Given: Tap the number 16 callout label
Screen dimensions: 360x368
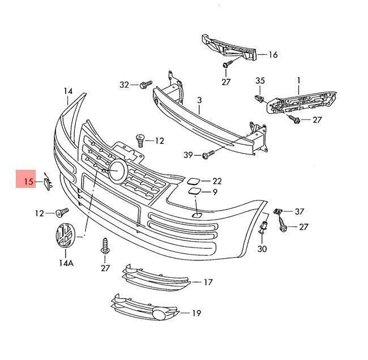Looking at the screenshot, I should click(x=273, y=55).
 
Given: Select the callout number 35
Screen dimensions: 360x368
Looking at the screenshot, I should click(x=260, y=81).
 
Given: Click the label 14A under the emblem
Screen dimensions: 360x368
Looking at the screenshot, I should click(x=66, y=263).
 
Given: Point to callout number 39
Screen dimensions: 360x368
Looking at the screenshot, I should click(x=188, y=155).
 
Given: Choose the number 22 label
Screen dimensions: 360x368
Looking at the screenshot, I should click(x=217, y=181).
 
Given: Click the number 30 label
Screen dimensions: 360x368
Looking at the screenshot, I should click(x=262, y=248).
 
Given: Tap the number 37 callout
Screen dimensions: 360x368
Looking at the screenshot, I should click(x=299, y=212).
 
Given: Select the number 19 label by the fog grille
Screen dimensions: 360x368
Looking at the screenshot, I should click(x=196, y=313).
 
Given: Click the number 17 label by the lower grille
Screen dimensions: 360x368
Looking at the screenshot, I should click(x=208, y=281).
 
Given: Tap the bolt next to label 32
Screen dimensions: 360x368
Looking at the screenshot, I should click(x=146, y=84).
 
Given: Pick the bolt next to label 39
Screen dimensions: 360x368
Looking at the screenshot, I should click(x=207, y=153).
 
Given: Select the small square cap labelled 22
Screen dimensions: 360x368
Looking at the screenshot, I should click(x=192, y=182).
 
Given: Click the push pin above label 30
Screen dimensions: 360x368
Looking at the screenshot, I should click(x=263, y=231).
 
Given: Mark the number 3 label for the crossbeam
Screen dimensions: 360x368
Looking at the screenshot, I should click(x=199, y=100).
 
